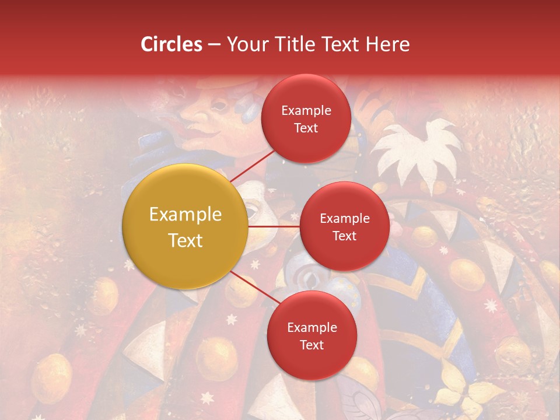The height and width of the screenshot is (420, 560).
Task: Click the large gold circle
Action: pos(185,226)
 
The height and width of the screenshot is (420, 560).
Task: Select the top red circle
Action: pos(306,118)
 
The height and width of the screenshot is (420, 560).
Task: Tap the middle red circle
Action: pos(344,226)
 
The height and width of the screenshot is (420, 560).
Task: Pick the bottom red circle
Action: pos(311,335)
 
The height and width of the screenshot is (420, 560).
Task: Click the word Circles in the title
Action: pos(171,44)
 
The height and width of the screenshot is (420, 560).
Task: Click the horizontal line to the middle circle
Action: pos(274,226)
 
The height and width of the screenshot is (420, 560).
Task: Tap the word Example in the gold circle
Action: pos(185,214)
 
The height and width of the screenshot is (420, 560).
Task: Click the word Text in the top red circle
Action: pos(306,128)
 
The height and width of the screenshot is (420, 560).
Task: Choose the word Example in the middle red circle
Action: pos(344,218)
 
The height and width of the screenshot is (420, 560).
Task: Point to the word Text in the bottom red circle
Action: pos(311,345)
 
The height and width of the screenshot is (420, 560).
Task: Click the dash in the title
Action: pos(214,44)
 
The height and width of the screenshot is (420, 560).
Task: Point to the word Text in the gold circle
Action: pos(185,240)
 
